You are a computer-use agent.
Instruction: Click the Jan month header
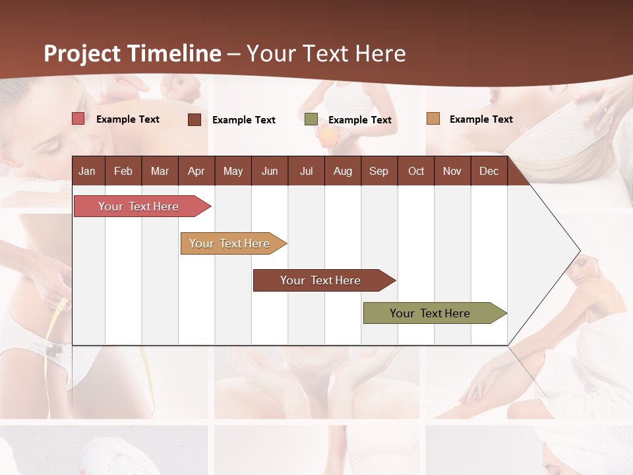pyautogui.click(x=87, y=171)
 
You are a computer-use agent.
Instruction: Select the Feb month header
pyautogui.click(x=123, y=171)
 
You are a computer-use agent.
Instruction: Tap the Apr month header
pyautogui.click(x=196, y=171)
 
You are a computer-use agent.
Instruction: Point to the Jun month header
pyautogui.click(x=270, y=171)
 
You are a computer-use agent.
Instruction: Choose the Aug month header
pyautogui.click(x=342, y=171)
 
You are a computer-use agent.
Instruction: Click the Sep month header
pyautogui.click(x=378, y=171)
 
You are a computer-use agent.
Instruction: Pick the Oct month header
pyautogui.click(x=416, y=171)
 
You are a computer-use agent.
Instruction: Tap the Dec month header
pyautogui.click(x=489, y=171)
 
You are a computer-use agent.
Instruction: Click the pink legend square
pyautogui.click(x=78, y=119)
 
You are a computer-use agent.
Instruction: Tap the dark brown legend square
pyautogui.click(x=195, y=119)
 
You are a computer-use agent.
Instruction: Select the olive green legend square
pyautogui.click(x=311, y=119)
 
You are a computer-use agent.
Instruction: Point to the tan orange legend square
pyautogui.click(x=433, y=119)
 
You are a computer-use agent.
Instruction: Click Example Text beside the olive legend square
pyautogui.click(x=360, y=120)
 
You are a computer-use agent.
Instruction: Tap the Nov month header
pyautogui.click(x=452, y=171)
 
